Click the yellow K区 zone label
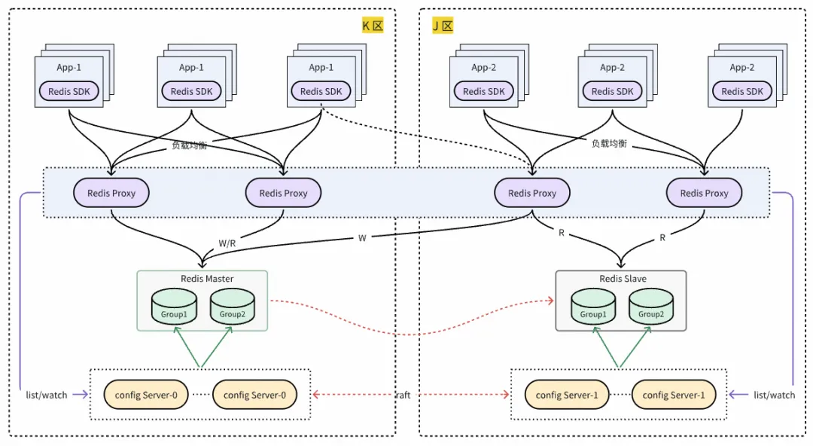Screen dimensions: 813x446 (x=373, y=25)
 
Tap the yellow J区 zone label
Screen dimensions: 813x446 (x=443, y=25)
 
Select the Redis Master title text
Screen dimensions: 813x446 (x=207, y=278)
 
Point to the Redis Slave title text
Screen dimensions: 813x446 (x=623, y=278)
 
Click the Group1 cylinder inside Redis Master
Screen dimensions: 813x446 (x=174, y=307)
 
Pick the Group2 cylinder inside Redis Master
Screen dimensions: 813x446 (x=233, y=307)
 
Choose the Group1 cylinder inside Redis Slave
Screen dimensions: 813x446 (x=593, y=307)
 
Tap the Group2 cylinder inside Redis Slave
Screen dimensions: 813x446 (x=651, y=307)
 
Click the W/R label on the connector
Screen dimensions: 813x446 (x=227, y=243)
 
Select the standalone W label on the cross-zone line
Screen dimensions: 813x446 (x=362, y=238)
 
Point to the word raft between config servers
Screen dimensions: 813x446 (x=403, y=395)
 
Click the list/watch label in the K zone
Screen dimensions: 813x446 (x=47, y=395)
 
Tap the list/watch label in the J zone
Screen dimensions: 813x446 (x=774, y=395)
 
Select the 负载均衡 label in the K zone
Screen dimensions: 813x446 (x=189, y=145)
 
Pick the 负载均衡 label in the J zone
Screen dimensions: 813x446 (x=609, y=143)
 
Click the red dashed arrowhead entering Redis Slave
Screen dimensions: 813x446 (x=550, y=300)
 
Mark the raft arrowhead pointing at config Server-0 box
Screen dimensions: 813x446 (x=316, y=395)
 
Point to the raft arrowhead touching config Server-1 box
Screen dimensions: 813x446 (x=506, y=395)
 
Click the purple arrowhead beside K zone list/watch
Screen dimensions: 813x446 (x=84, y=395)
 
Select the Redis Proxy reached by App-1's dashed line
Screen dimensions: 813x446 (x=532, y=193)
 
